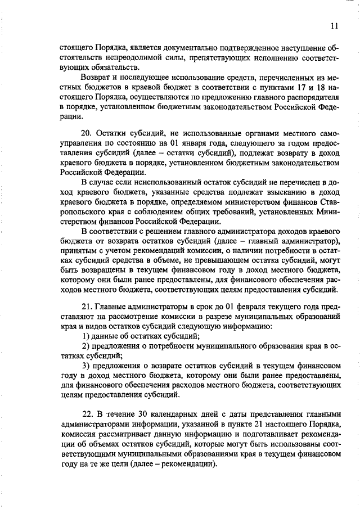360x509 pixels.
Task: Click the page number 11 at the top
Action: pos(334,26)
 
